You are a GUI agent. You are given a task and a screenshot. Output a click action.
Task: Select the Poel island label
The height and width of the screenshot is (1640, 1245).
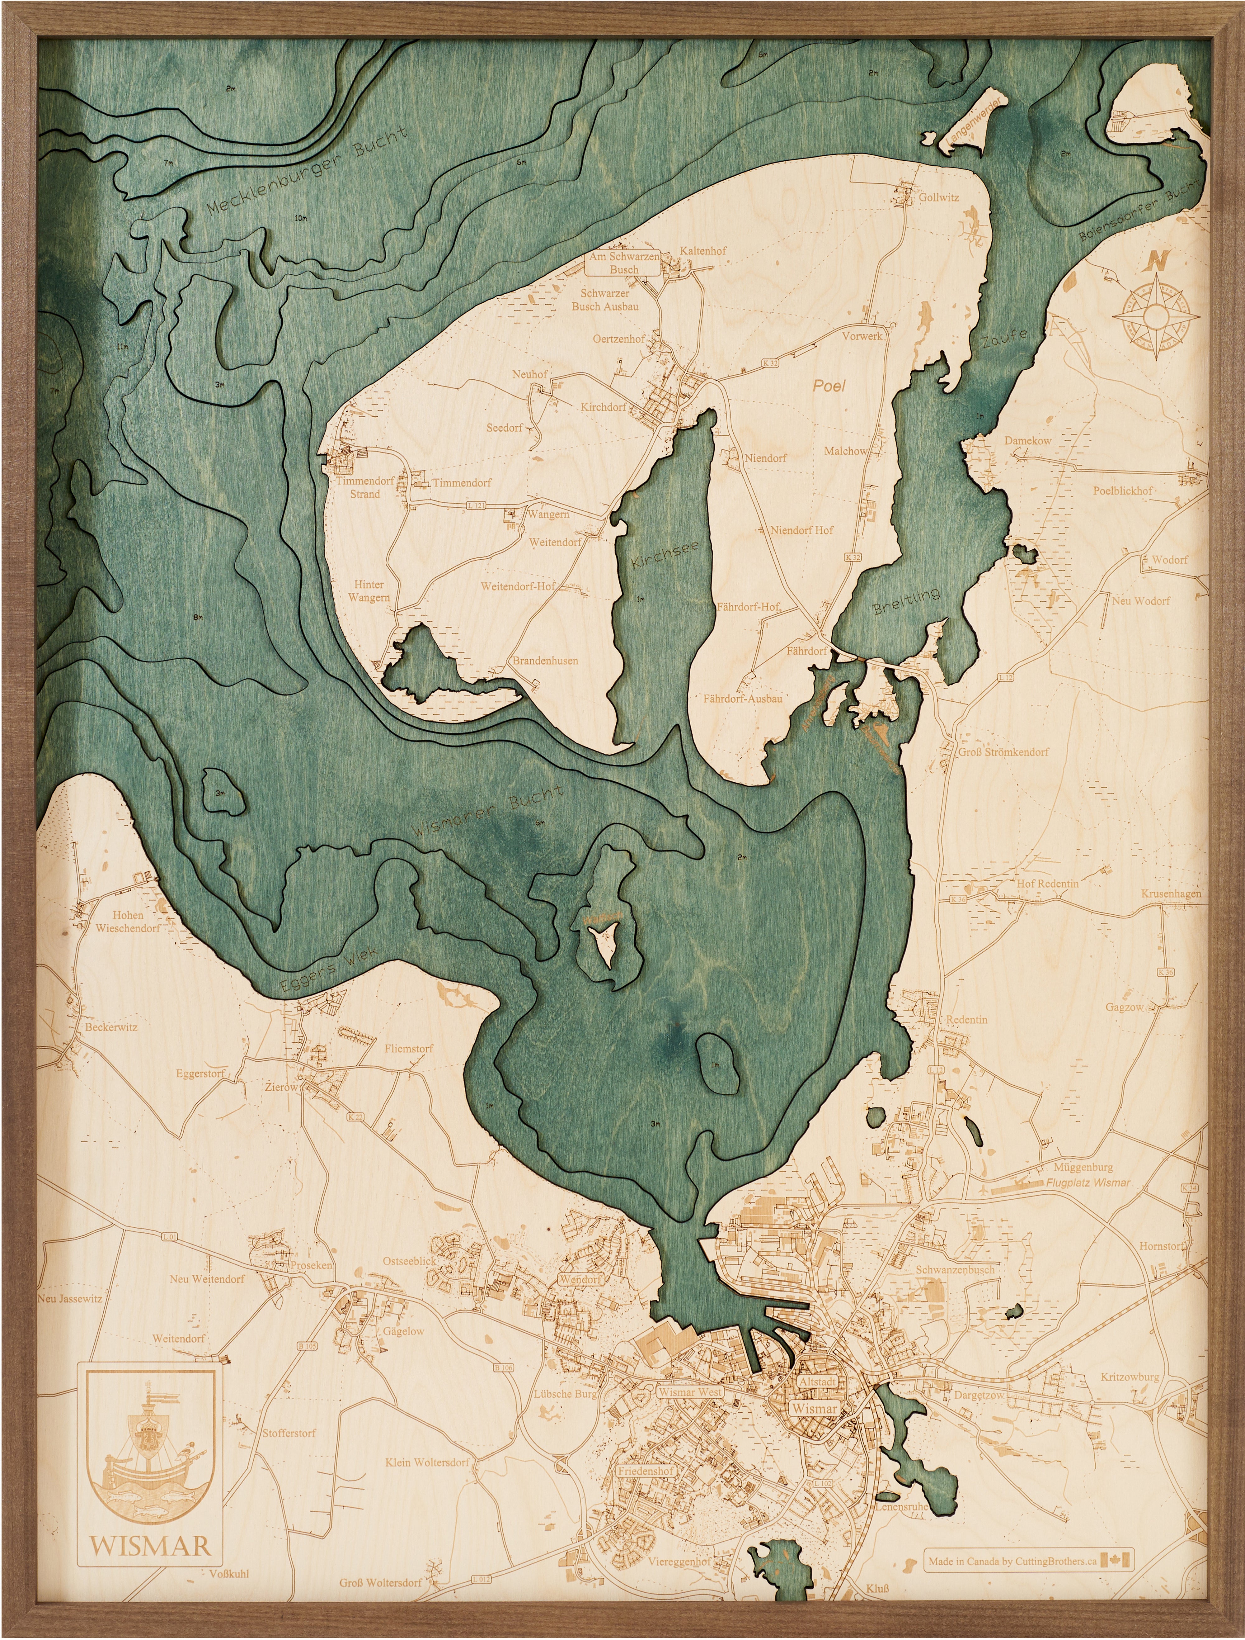[x=829, y=386]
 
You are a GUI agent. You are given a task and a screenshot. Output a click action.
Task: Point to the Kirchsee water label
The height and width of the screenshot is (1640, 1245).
[x=665, y=555]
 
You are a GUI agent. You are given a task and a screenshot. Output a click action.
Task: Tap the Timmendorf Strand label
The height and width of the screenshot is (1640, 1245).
[x=364, y=487]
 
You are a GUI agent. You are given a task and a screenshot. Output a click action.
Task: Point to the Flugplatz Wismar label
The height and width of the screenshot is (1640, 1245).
[x=1088, y=1183]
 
